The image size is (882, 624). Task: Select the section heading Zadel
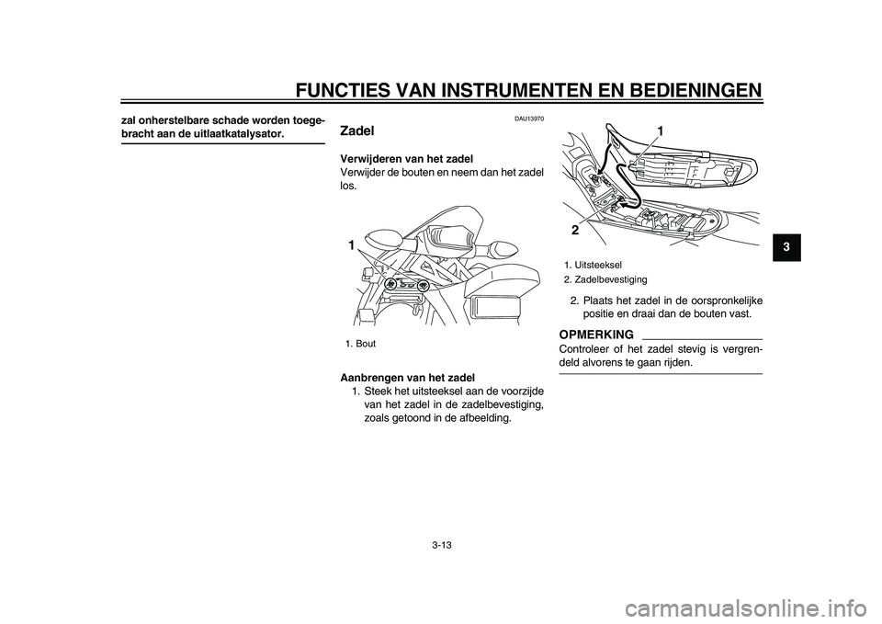pyautogui.click(x=357, y=131)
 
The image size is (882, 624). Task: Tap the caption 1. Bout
pyautogui.click(x=361, y=344)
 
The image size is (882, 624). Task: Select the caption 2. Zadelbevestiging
pyautogui.click(x=605, y=278)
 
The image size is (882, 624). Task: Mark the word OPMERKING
pyautogui.click(x=595, y=333)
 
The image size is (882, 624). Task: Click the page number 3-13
pyautogui.click(x=442, y=545)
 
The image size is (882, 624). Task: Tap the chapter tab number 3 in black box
pyautogui.click(x=781, y=248)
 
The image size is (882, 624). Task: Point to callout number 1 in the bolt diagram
pyautogui.click(x=350, y=246)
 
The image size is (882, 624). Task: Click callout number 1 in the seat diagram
pyautogui.click(x=659, y=134)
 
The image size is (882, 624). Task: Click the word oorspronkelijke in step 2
pyautogui.click(x=712, y=301)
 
